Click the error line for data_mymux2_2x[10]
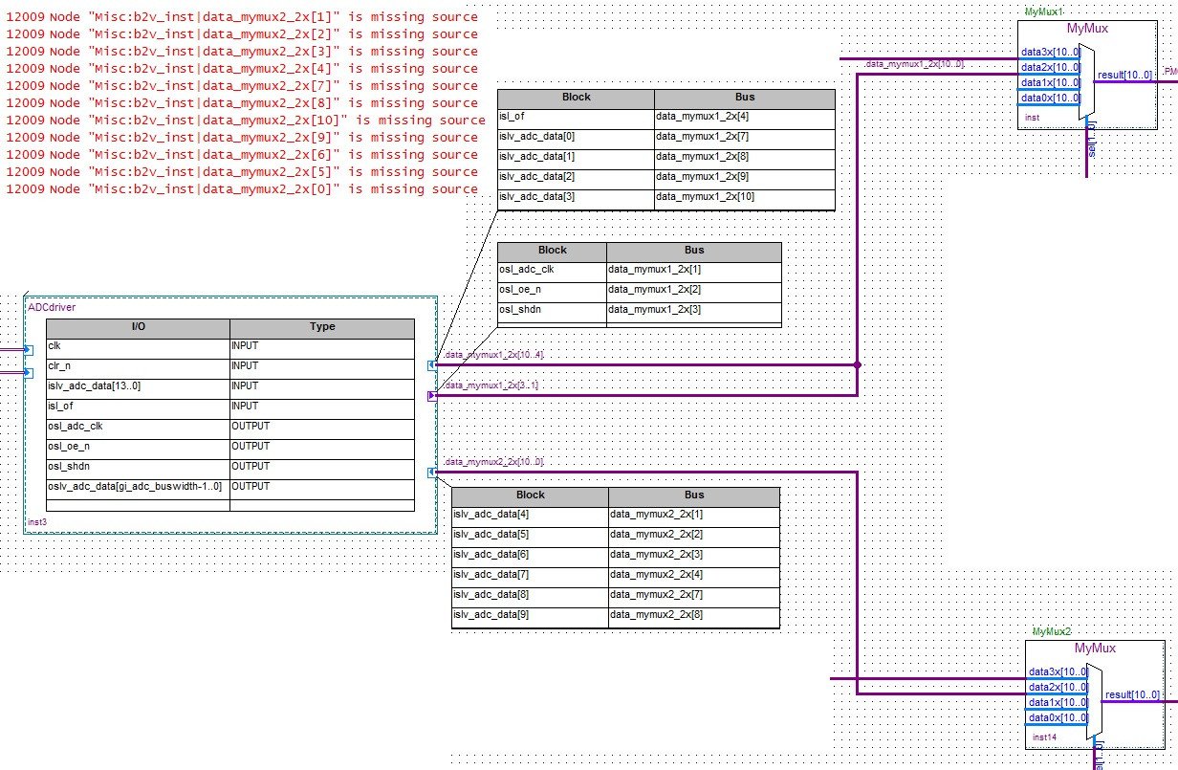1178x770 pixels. [x=246, y=121]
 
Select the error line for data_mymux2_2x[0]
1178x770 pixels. [x=241, y=189]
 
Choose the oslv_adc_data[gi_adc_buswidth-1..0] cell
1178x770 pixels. [x=134, y=487]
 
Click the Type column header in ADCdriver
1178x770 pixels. [x=322, y=327]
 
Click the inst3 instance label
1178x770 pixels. [x=36, y=522]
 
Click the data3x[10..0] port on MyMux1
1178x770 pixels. [x=1050, y=52]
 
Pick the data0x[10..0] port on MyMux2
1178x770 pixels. [x=1058, y=717]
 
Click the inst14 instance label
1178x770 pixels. [x=1044, y=737]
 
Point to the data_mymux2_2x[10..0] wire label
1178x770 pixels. [x=493, y=462]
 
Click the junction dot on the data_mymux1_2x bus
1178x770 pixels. [x=858, y=364]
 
